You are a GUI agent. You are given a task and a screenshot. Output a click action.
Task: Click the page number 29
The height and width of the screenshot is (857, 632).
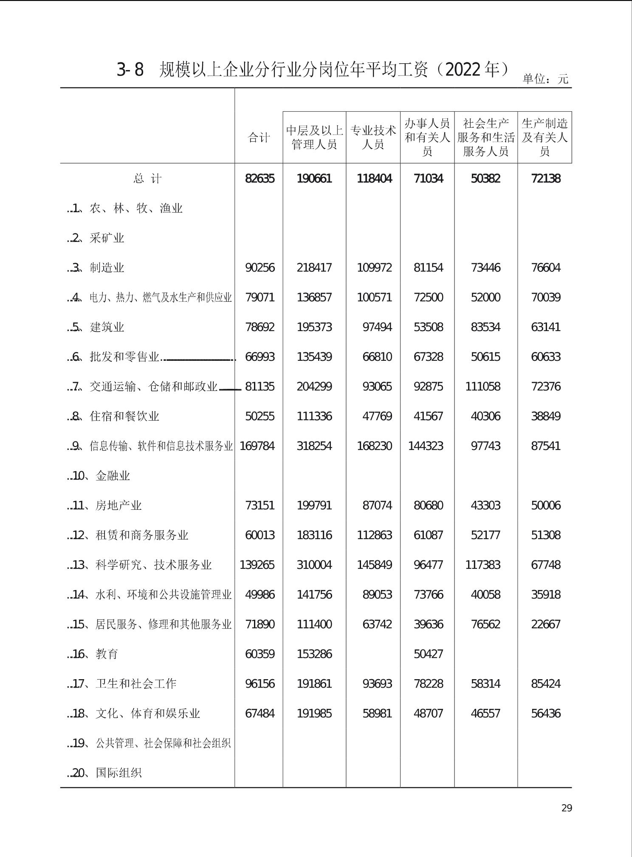pos(567,808)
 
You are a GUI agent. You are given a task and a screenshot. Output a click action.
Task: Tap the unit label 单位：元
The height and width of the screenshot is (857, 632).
pos(545,79)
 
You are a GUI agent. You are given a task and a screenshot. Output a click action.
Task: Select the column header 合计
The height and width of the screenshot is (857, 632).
pos(259,138)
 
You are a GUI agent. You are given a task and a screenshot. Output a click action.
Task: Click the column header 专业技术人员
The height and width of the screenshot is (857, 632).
pos(373,138)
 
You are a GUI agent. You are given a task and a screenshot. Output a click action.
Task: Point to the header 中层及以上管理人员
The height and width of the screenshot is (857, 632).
pos(314,138)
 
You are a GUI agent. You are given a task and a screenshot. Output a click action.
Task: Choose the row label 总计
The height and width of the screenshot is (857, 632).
pos(147,179)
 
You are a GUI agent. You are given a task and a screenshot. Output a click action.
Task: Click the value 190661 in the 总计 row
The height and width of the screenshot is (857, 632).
pos(314,179)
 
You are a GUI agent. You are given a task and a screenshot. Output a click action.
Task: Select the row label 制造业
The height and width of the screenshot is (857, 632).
pos(107,268)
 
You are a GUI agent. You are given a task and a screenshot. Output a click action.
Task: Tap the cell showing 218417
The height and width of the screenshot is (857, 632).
pos(314,268)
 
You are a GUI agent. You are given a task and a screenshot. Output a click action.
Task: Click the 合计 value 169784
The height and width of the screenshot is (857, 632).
pos(257,446)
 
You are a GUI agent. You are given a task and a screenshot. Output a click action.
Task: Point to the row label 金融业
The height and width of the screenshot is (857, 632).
pos(113,476)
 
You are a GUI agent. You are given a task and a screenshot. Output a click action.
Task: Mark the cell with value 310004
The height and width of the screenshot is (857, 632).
pos(314,565)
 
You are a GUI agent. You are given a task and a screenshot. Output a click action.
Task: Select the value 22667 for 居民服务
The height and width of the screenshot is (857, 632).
pos(546,624)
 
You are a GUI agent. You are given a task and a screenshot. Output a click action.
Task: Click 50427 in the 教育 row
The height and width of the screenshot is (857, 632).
pos(428,654)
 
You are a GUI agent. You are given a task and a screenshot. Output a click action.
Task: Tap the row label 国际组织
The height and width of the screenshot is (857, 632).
pos(118,773)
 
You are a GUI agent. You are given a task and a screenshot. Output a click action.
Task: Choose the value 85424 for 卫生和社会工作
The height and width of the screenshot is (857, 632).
pos(546,684)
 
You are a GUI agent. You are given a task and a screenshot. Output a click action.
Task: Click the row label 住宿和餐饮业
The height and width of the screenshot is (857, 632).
pos(124,416)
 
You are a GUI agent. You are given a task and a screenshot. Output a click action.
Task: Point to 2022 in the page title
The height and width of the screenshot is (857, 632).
pos(465,70)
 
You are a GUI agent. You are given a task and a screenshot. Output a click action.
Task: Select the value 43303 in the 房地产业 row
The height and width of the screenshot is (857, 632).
pos(485,506)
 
